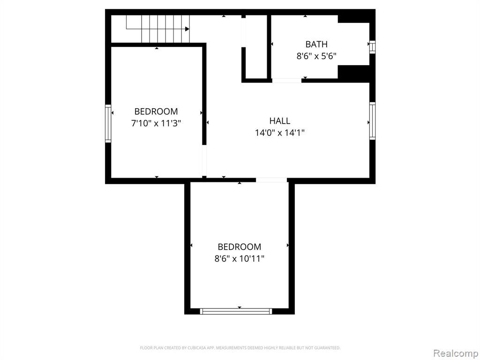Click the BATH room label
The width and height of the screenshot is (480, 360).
(316, 45)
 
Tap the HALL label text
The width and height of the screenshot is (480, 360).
(279, 121)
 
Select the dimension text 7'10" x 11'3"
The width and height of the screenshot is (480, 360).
(156, 123)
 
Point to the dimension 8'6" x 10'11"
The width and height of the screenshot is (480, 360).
(240, 259)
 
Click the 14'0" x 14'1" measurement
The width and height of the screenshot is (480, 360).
(279, 133)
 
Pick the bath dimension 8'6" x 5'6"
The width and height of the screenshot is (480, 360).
(316, 56)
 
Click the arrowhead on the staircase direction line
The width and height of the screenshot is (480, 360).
(187, 29)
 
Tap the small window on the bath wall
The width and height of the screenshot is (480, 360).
(372, 47)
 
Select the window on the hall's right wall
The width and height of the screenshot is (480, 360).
(372, 121)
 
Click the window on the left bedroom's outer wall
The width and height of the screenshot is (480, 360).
(108, 123)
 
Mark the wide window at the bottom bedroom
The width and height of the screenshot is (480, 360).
(236, 311)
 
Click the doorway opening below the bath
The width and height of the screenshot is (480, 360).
(287, 81)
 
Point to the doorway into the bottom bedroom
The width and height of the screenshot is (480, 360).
(271, 180)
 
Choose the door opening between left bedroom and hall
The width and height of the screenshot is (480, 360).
(204, 160)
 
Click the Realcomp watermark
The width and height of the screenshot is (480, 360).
(456, 353)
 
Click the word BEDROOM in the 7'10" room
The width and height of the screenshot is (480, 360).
(156, 112)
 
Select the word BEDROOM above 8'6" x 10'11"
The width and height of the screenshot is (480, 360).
(240, 247)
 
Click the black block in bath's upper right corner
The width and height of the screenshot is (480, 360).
(353, 19)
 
